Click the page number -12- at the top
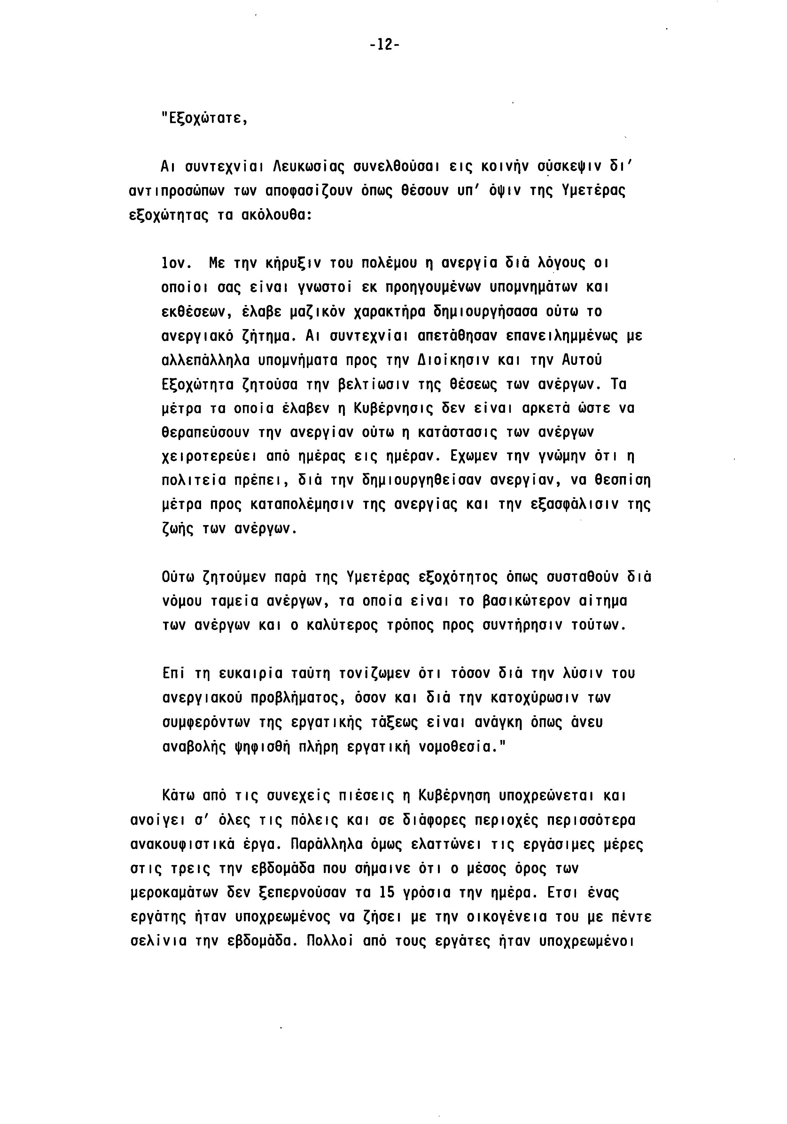[x=384, y=45]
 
